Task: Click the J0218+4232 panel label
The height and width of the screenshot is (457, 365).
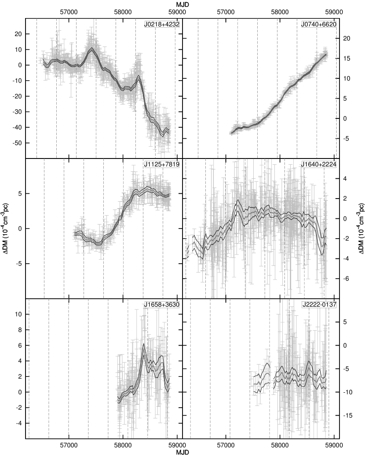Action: [x=162, y=25]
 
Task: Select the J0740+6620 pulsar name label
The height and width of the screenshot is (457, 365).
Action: [x=319, y=25]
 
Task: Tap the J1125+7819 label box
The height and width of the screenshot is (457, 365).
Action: [x=156, y=165]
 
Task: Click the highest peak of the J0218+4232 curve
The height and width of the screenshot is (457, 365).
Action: [x=91, y=49]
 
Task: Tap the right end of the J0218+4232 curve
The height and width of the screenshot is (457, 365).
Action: [x=170, y=130]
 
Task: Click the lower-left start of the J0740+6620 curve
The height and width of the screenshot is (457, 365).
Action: [x=230, y=133]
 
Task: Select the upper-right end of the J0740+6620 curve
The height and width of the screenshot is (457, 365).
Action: [x=327, y=54]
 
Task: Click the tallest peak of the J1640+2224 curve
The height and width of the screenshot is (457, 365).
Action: [x=238, y=202]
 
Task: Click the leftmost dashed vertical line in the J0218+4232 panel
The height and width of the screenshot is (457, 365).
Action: [x=36, y=88]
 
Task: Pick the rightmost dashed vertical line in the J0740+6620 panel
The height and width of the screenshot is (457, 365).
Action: [x=336, y=88]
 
